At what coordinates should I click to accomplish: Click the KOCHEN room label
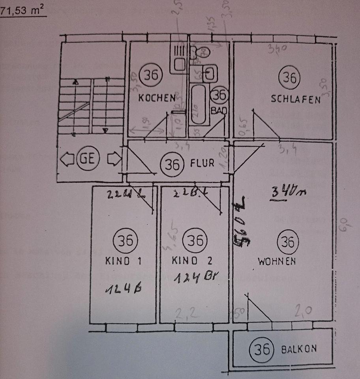coord(157,98)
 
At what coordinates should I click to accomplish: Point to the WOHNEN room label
coord(277,261)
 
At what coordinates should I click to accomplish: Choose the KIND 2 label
coord(192,261)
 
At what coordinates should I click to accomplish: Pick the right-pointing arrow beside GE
coord(114,159)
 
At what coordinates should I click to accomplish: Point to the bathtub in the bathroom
coord(197,105)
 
